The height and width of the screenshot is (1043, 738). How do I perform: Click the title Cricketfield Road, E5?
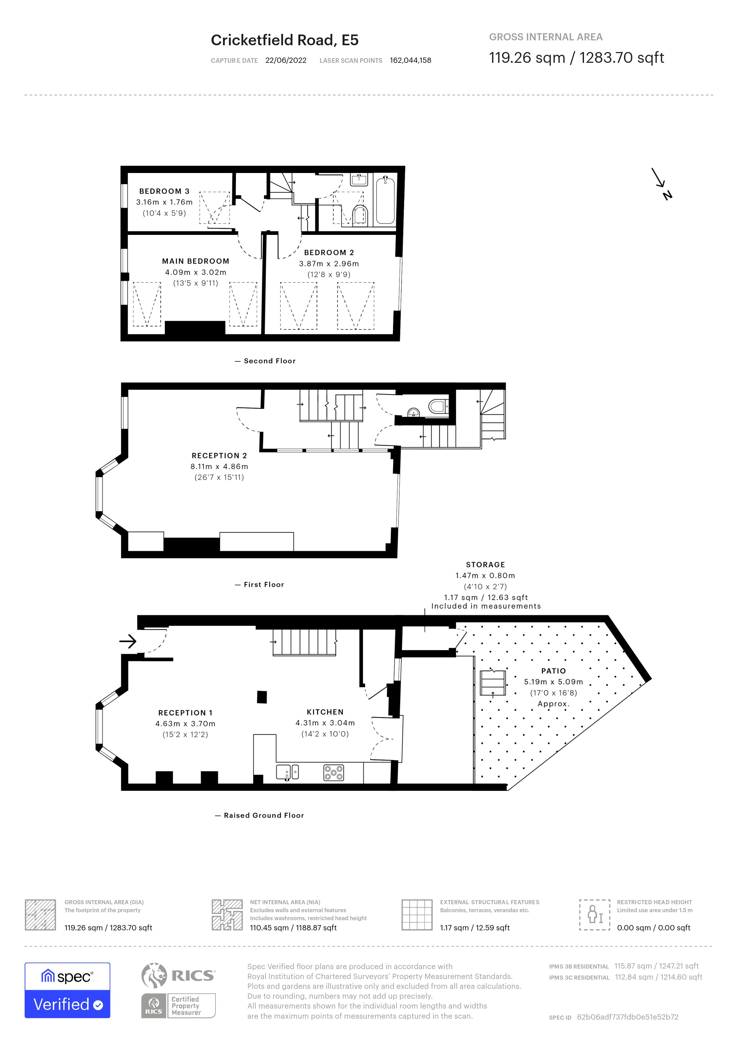[x=285, y=40]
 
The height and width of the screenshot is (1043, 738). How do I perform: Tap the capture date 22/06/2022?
[x=286, y=60]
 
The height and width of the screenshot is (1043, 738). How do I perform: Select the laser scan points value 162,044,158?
[x=410, y=60]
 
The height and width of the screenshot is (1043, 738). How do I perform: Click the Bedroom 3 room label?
[x=164, y=191]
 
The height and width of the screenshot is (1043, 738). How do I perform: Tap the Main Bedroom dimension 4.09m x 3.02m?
[x=195, y=272]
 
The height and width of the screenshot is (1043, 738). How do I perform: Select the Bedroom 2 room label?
[x=329, y=252]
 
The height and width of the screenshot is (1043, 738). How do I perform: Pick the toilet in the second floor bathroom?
[x=360, y=215]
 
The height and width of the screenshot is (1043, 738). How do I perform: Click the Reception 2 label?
[x=219, y=456]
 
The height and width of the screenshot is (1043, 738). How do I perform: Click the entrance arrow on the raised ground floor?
[x=128, y=641]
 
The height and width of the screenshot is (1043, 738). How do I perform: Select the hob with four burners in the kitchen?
[x=334, y=773]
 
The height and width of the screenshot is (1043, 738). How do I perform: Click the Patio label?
[x=553, y=671]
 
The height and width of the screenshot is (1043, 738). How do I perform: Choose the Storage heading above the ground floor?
[x=485, y=565]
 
